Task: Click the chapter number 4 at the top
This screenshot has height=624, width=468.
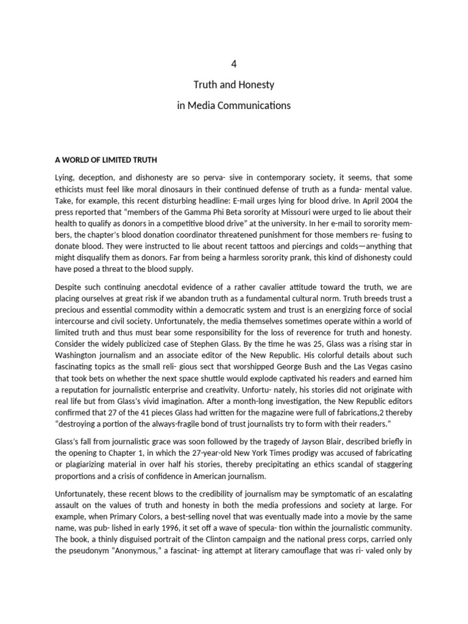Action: pos(234,63)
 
